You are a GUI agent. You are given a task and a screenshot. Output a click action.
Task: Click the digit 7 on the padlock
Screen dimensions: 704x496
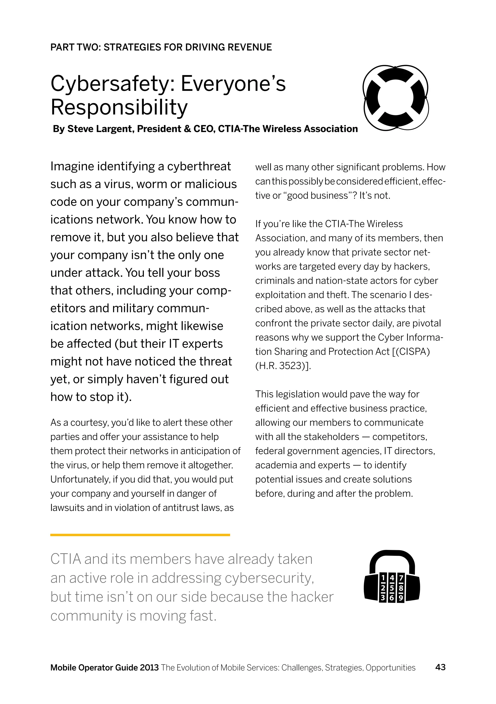[401, 578]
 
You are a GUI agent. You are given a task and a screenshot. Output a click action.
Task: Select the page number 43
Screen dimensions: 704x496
[440, 667]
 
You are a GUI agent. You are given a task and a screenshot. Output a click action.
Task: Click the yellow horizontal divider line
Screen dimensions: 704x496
[140, 535]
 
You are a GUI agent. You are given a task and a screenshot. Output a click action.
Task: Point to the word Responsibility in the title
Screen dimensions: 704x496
[119, 107]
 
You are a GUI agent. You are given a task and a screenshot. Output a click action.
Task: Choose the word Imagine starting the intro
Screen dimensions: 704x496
[72, 166]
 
